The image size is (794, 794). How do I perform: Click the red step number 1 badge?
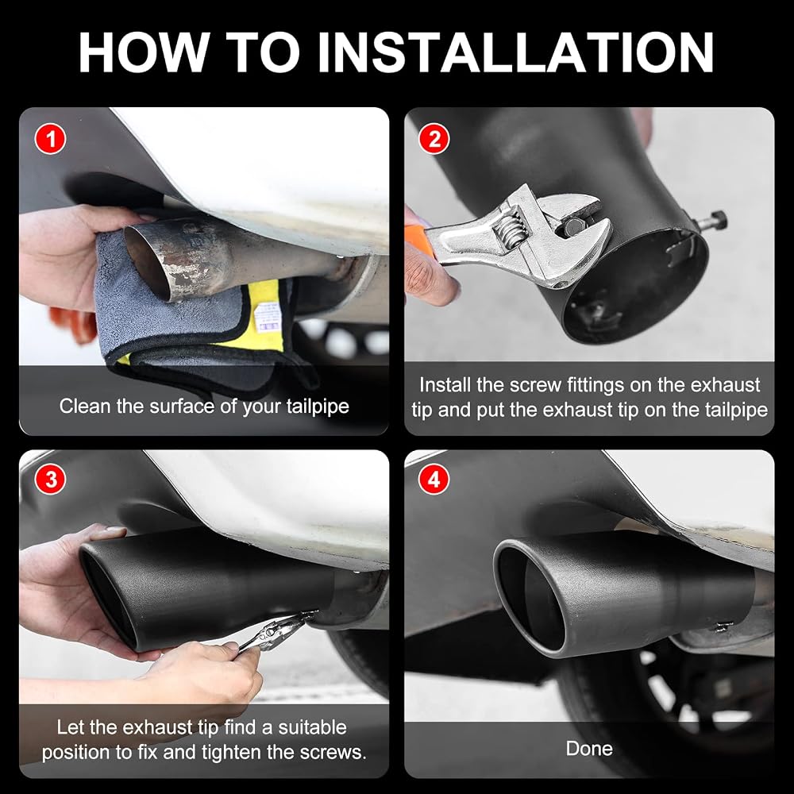coord(51,139)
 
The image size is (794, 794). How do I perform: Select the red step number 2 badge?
coord(434,139)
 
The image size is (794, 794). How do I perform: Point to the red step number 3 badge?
coord(51,479)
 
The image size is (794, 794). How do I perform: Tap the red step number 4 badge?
coord(434,479)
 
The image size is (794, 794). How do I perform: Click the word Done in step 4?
coord(589,749)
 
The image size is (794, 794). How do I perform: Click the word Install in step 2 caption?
coord(445,385)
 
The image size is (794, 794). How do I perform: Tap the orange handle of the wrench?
coord(418,240)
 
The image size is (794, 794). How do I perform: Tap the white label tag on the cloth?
coord(268,318)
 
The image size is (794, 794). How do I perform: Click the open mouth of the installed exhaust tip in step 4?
coord(532,598)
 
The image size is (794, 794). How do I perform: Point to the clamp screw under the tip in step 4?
coord(723,627)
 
